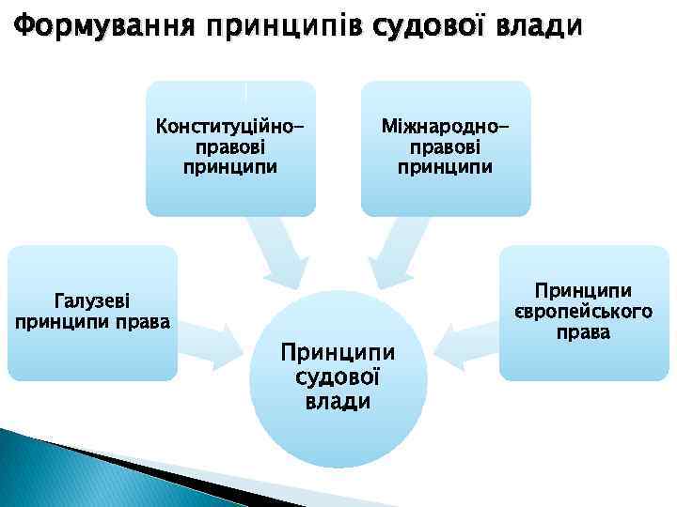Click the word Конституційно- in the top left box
230,126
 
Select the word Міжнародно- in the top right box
447,126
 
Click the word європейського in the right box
583,312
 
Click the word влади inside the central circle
338,401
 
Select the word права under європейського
583,332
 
